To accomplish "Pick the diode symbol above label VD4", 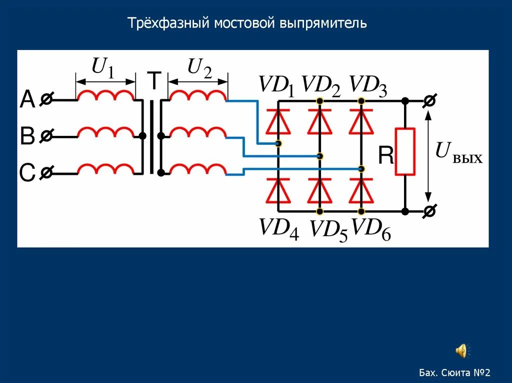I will (278, 190).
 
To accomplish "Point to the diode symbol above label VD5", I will (319, 190).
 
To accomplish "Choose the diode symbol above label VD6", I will (361, 190).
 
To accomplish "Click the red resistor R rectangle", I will (405, 151).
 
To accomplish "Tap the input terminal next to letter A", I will (45, 100).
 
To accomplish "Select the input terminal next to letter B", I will (45, 135).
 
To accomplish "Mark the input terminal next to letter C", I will (45, 173).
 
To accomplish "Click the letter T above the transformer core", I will (154, 81).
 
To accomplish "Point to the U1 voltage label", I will (103, 67).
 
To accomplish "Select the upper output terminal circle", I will (428, 101).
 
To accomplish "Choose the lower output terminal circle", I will (428, 212).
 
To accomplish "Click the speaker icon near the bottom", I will (461, 351).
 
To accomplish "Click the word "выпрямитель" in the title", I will (323, 23).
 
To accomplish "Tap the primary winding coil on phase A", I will (105, 96).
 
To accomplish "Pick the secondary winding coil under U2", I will (197, 96).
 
